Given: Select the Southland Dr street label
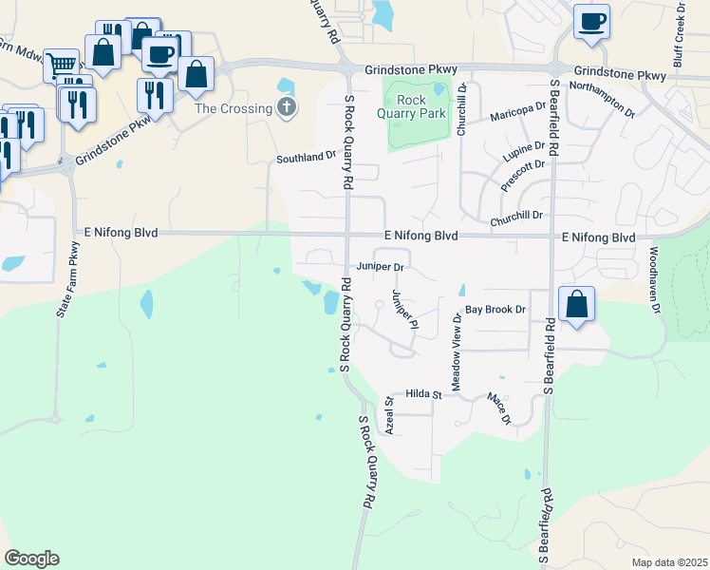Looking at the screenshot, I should pyautogui.click(x=307, y=158).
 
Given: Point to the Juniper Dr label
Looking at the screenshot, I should pyautogui.click(x=382, y=268).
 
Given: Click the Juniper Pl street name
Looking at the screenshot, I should pyautogui.click(x=405, y=310).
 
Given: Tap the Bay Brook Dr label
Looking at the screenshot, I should pyautogui.click(x=495, y=310).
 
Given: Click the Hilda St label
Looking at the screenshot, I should pyautogui.click(x=424, y=393).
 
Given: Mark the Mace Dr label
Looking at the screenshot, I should pyautogui.click(x=499, y=409).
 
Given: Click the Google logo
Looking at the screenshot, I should pyautogui.click(x=31, y=559).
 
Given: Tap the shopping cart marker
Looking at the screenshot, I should pyautogui.click(x=62, y=66).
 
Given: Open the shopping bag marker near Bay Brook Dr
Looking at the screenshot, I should pyautogui.click(x=577, y=306).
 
